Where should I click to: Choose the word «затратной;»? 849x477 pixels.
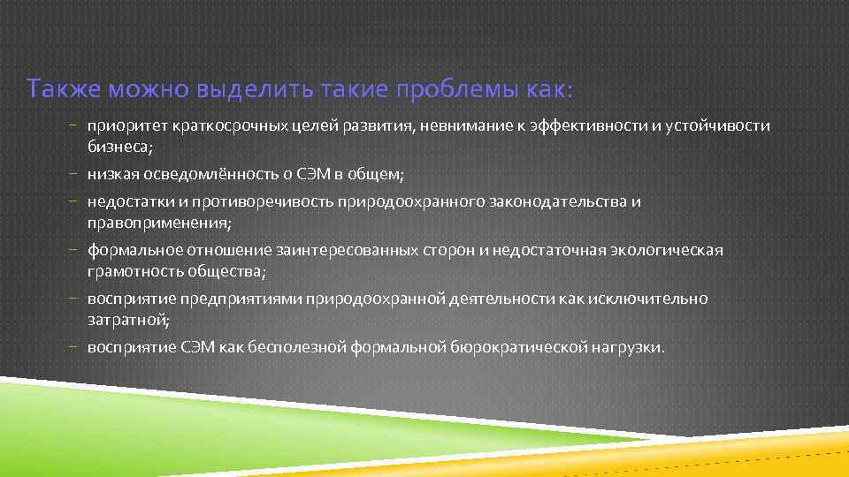coord(127,319)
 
